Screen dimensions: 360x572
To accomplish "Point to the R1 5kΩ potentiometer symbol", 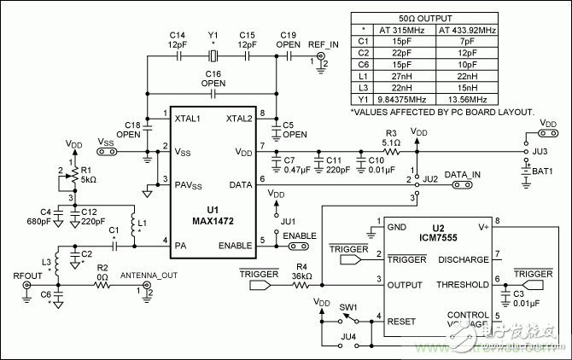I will point(75,176).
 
